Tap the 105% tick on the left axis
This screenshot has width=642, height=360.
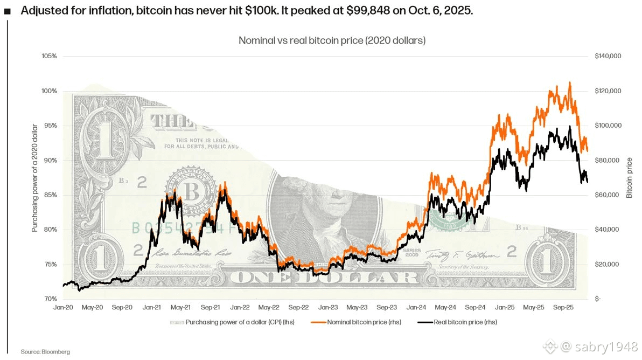click(x=50, y=56)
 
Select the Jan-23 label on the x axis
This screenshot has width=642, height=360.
click(x=327, y=308)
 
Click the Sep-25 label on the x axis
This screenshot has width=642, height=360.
click(x=563, y=308)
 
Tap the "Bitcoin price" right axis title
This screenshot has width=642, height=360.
click(x=630, y=178)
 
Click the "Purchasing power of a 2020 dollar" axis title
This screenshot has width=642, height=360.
click(x=34, y=178)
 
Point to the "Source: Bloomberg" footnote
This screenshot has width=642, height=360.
click(x=45, y=351)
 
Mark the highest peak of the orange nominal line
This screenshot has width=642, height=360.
click(x=570, y=83)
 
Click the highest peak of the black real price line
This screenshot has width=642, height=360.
click(x=570, y=127)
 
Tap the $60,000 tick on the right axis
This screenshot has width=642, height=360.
click(x=607, y=195)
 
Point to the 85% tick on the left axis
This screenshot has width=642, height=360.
click(x=51, y=195)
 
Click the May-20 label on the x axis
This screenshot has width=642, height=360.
click(x=93, y=308)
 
